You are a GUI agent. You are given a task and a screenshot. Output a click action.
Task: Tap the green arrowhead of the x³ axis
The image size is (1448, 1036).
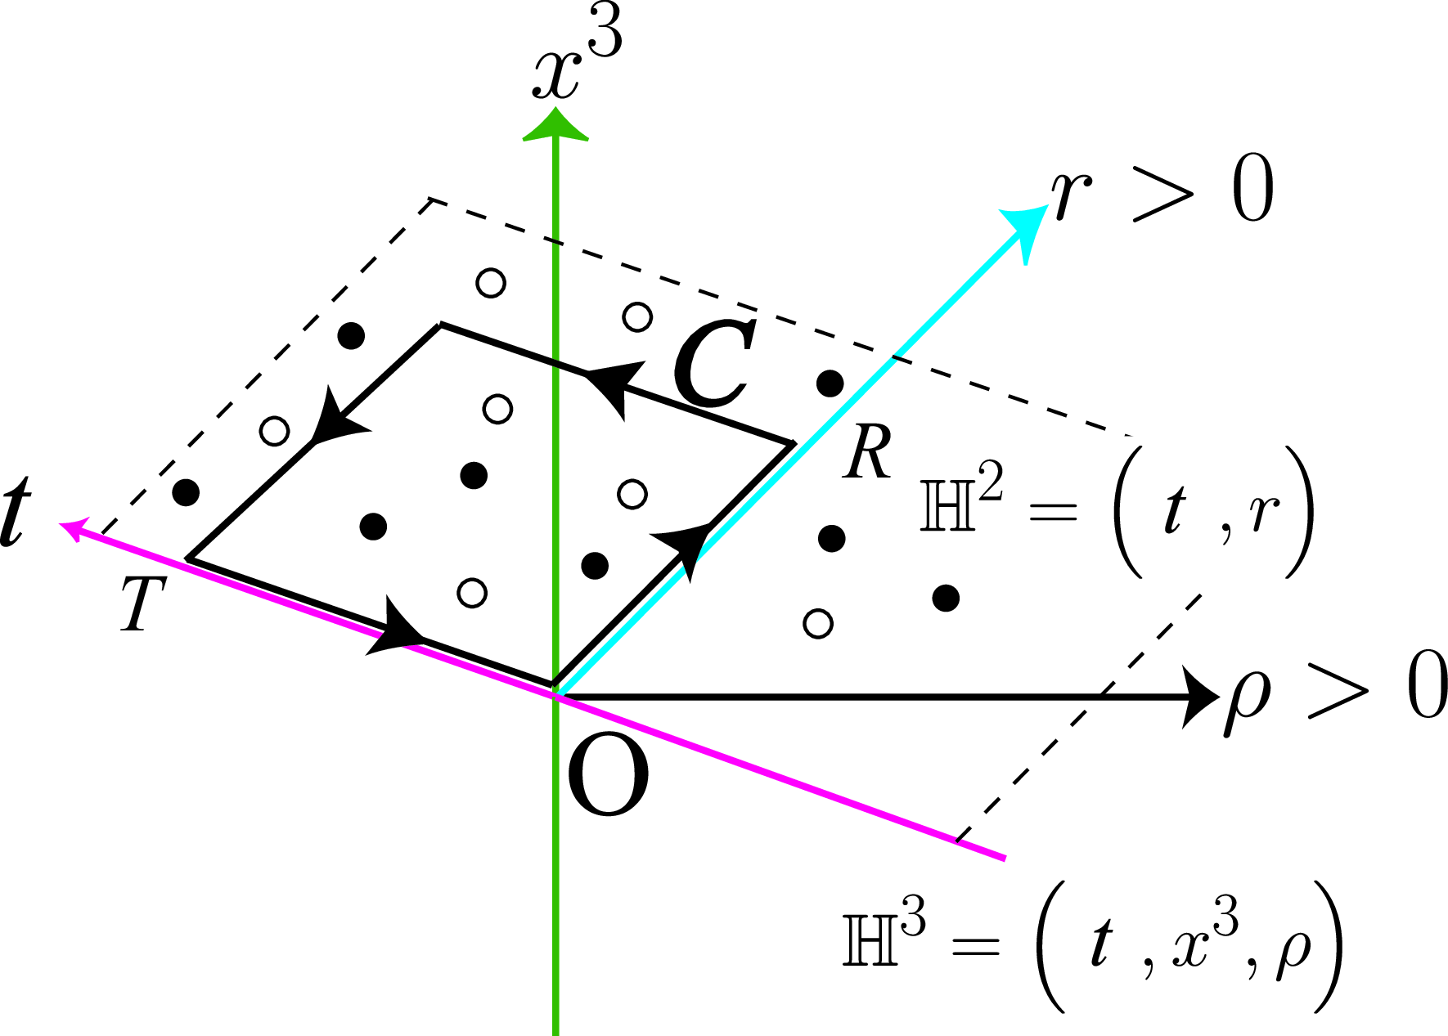tap(556, 127)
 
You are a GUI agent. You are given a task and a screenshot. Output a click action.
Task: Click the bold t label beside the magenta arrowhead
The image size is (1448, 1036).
tap(16, 512)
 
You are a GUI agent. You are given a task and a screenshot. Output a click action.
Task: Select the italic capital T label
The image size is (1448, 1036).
tap(142, 603)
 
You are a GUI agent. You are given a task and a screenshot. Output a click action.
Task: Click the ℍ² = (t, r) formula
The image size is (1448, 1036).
tap(1117, 511)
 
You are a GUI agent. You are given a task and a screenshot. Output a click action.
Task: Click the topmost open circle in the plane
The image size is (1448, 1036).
tap(491, 283)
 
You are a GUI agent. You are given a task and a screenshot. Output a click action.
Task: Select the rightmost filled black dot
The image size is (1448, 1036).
tap(946, 598)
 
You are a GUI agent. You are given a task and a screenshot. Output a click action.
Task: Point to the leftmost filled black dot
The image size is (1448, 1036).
tap(187, 492)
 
